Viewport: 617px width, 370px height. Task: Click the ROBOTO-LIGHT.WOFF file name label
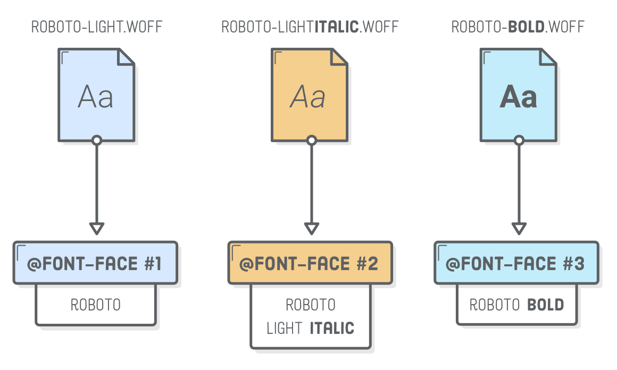tap(96, 27)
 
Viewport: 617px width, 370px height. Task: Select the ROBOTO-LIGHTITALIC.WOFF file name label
tap(310, 27)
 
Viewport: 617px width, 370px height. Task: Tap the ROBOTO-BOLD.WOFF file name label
tap(518, 27)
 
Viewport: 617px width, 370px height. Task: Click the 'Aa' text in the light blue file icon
tap(96, 97)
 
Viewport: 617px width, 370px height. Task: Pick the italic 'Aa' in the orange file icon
tap(308, 97)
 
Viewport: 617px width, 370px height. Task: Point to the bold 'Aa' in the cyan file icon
tap(519, 97)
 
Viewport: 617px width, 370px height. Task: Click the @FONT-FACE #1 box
tap(95, 264)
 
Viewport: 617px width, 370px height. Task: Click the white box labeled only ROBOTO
tap(96, 305)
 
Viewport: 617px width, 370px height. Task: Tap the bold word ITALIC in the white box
tap(332, 328)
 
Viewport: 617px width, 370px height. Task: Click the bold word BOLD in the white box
tap(545, 305)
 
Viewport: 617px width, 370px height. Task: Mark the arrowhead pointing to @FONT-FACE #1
tap(96, 229)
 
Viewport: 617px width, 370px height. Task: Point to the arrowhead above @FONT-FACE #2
tap(312, 229)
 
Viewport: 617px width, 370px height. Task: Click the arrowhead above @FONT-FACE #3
tap(519, 229)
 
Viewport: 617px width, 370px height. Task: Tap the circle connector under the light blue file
tap(96, 140)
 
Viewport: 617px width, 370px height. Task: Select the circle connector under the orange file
tap(312, 140)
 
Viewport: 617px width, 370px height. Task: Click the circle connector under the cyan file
tap(519, 140)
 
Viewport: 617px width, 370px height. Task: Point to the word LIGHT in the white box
tap(285, 328)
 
